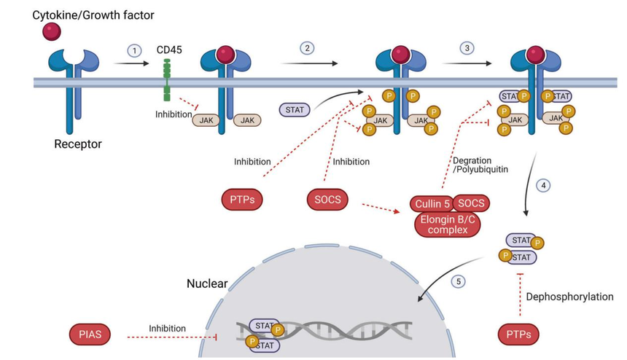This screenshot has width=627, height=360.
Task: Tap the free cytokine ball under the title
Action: click(52, 32)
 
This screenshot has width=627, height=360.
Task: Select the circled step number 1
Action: click(133, 50)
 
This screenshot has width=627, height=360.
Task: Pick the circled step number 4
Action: click(543, 186)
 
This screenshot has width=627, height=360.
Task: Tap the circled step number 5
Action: click(458, 281)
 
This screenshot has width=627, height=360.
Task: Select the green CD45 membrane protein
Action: click(167, 80)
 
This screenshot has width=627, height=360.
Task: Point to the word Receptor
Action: click(78, 144)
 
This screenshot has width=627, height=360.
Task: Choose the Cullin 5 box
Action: click(432, 203)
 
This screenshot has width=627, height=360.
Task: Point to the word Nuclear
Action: click(207, 283)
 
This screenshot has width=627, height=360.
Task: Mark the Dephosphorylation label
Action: click(569, 297)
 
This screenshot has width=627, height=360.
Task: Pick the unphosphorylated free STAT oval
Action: click(294, 109)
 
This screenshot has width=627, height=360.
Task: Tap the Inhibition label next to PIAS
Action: click(167, 329)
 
